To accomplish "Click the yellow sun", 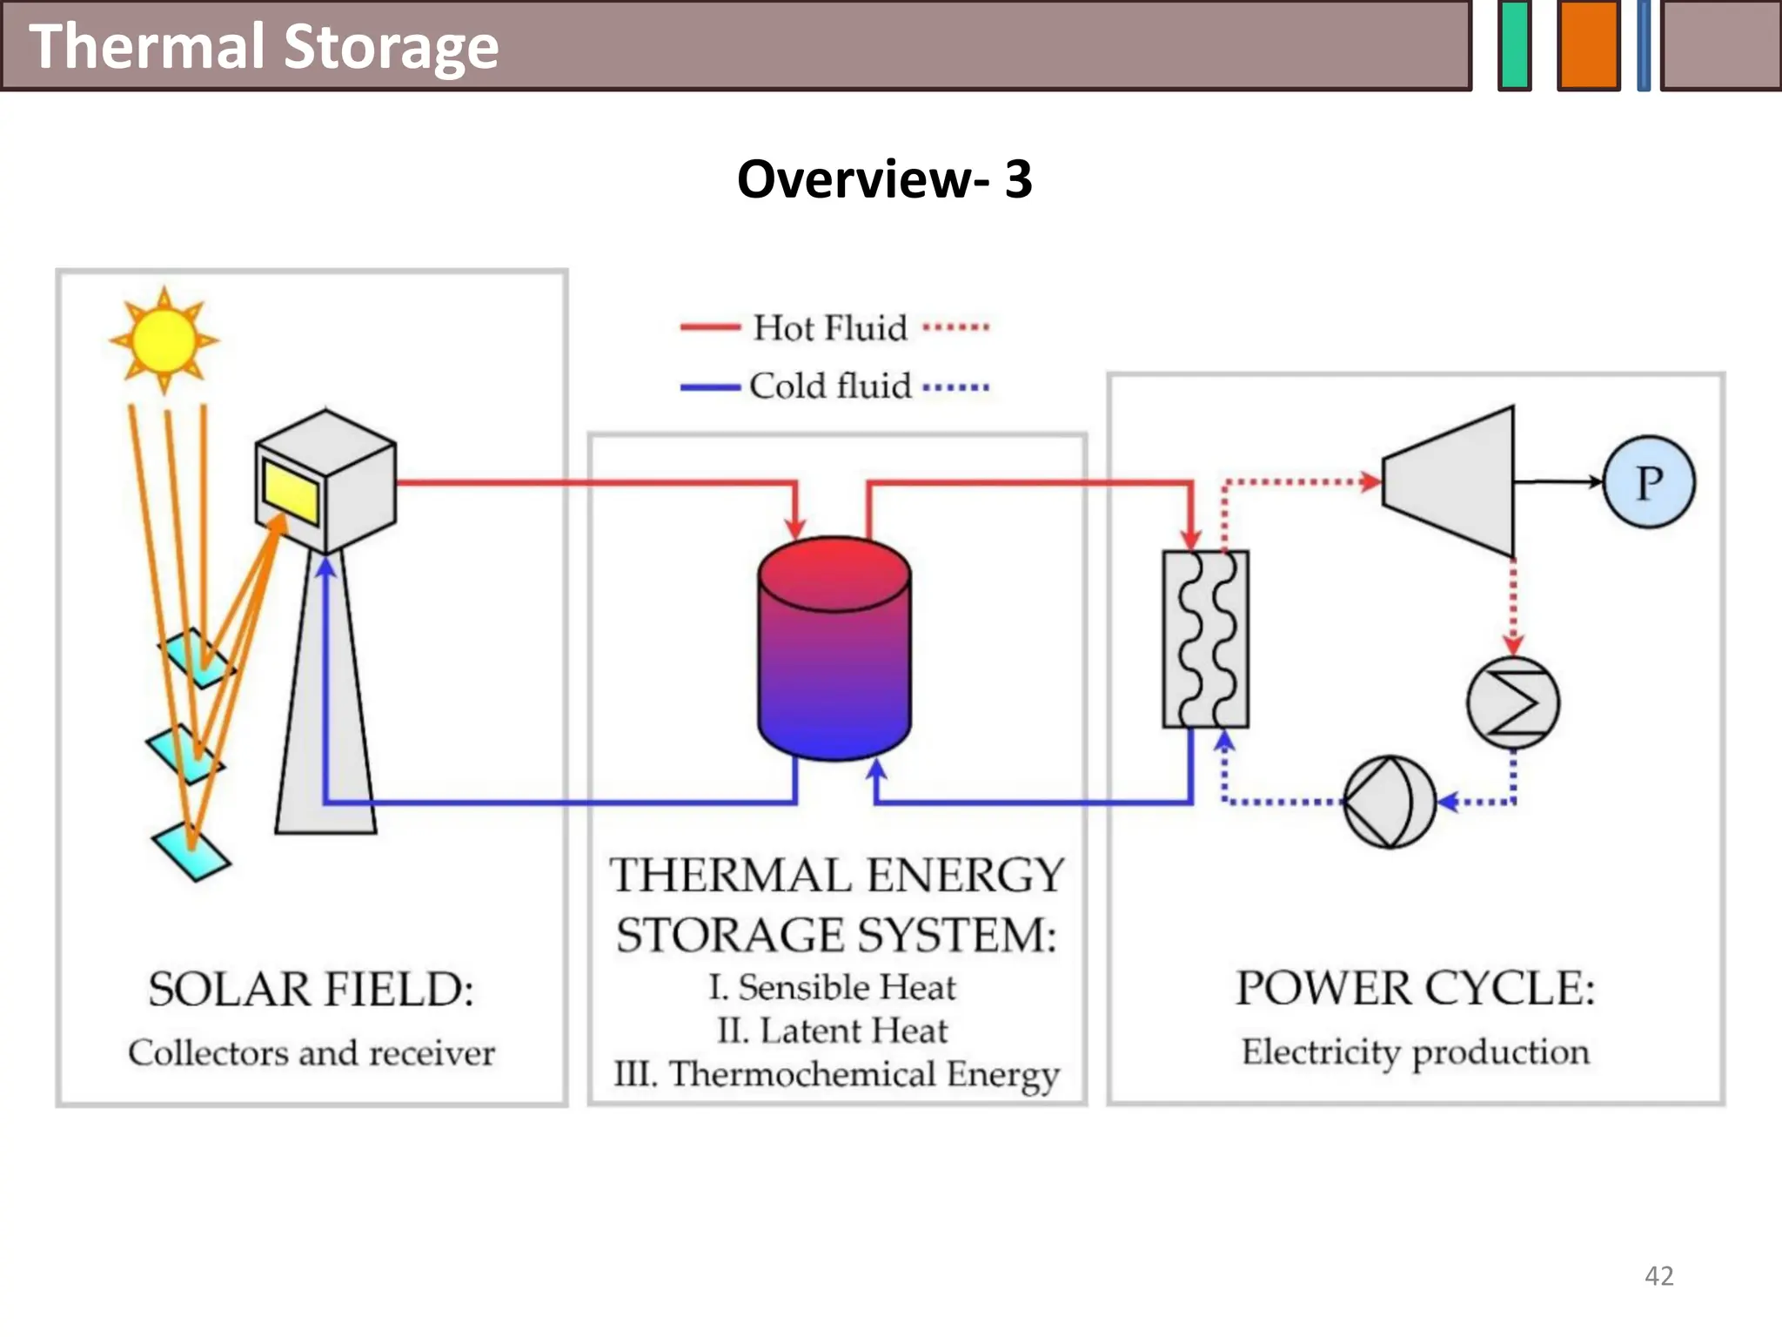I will tap(164, 339).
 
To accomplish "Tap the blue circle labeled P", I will tap(1649, 482).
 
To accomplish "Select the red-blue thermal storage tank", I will tap(834, 648).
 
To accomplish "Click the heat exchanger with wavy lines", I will tap(1206, 639).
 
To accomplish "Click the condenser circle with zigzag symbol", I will tap(1513, 703).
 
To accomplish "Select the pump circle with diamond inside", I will tap(1389, 802).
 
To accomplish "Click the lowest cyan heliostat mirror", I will tap(191, 850).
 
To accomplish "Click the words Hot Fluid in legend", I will tap(830, 328).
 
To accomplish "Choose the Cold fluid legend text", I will tap(830, 386).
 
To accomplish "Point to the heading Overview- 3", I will tap(884, 179).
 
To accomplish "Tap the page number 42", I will tap(1658, 1276).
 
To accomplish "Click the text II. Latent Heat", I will tap(832, 1031).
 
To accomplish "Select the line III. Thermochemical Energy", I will tap(836, 1074).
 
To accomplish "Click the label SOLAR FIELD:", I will tap(311, 990).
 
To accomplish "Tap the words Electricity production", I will tap(1415, 1052).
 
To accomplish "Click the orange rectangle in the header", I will tap(1588, 45).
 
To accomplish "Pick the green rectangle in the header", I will tap(1515, 45).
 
